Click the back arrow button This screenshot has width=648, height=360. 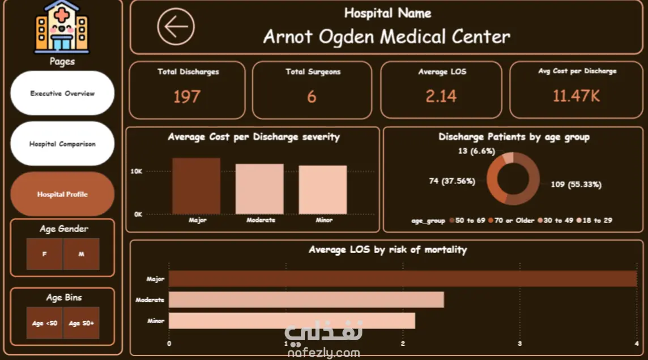(176, 27)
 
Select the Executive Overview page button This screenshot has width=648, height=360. (62, 93)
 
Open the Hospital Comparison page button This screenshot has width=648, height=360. (62, 144)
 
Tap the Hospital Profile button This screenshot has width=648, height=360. (62, 194)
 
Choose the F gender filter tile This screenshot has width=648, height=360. (45, 254)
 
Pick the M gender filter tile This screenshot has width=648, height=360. (82, 254)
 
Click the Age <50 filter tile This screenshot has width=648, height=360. (45, 323)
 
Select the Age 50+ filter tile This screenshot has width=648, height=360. (82, 323)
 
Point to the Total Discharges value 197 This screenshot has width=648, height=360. (187, 97)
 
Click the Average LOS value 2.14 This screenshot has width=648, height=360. (441, 96)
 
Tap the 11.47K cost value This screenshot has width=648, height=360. (576, 96)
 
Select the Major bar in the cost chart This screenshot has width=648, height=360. (197, 186)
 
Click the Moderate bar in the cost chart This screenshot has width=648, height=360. (259, 189)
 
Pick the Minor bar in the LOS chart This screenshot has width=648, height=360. (292, 321)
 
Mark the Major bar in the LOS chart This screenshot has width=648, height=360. (403, 278)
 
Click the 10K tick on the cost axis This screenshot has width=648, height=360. (137, 172)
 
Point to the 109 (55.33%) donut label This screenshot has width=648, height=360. (576, 185)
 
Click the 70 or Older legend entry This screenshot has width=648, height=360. (511, 220)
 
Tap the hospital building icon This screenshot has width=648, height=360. (62, 27)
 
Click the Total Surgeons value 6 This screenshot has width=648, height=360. (312, 97)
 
